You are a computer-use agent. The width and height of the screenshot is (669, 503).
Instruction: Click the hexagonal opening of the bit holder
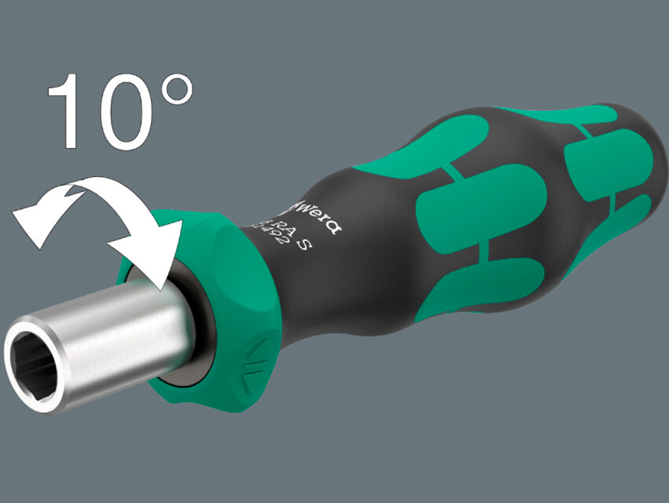pyautogui.click(x=33, y=358)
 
